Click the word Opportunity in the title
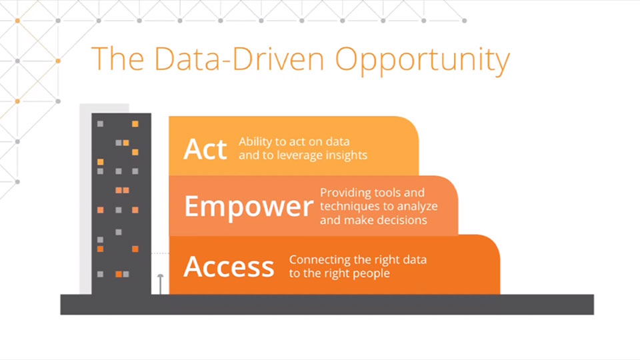tap(423, 61)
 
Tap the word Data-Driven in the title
tap(239, 59)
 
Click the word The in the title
tap(117, 59)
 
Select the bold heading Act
tap(205, 149)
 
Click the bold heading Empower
tap(249, 207)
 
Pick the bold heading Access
tap(229, 267)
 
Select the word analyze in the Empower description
tap(417, 207)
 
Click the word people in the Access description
tap(371, 273)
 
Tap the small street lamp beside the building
tap(161, 284)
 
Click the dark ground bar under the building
tap(327, 305)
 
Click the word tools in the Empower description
tap(383, 193)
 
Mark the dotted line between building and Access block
tap(160, 253)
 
